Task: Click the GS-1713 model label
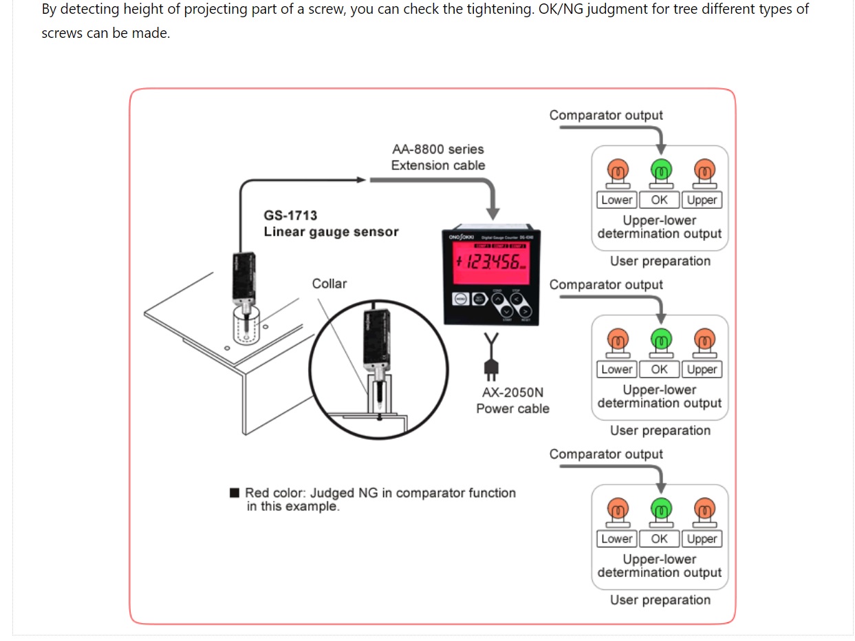tap(290, 216)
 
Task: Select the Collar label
tap(329, 284)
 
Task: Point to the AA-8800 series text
tap(438, 149)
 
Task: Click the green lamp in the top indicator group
tap(660, 170)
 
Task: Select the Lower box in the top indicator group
tap(616, 200)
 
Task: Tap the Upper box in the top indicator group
tap(702, 200)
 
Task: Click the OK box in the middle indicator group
tap(659, 370)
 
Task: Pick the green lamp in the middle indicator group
tap(660, 339)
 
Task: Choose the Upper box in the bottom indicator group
tap(702, 539)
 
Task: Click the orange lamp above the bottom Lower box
tap(618, 509)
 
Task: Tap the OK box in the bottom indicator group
tap(659, 539)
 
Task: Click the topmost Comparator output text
tap(606, 116)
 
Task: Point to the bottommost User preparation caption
tap(660, 600)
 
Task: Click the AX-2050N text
tap(512, 392)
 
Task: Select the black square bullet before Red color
tap(235, 493)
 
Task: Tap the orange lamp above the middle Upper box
tap(702, 339)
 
